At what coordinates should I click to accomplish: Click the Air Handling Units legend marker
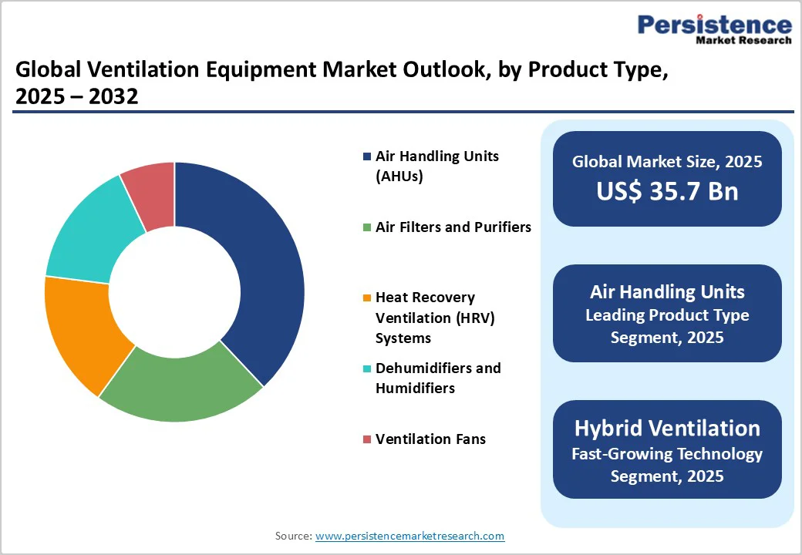click(x=367, y=156)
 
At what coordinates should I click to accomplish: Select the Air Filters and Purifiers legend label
click(x=453, y=227)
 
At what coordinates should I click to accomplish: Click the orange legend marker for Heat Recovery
click(x=367, y=298)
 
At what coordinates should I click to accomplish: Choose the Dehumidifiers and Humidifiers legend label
click(x=437, y=378)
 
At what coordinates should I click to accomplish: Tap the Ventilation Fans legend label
click(x=430, y=439)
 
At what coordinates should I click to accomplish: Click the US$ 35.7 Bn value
click(x=667, y=191)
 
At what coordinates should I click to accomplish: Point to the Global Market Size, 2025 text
click(x=667, y=161)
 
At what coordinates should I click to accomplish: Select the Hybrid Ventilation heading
click(x=667, y=428)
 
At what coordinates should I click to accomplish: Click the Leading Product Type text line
click(x=667, y=315)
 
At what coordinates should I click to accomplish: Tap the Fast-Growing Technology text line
click(x=667, y=453)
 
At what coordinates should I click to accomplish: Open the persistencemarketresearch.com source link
click(x=409, y=535)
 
